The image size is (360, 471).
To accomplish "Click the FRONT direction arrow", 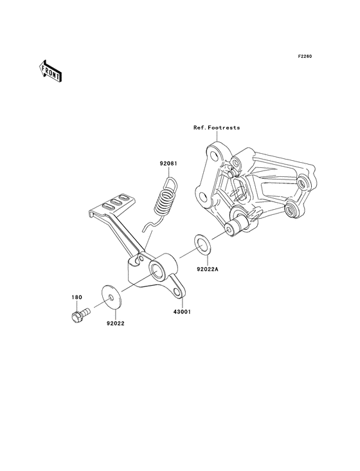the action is pyautogui.click(x=50, y=71).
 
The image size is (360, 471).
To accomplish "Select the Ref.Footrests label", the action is pyautogui.click(x=217, y=127).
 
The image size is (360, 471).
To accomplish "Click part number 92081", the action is pyautogui.click(x=168, y=163).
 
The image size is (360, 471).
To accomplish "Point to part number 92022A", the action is pyautogui.click(x=207, y=270).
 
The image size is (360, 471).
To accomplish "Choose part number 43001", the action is pyautogui.click(x=182, y=312).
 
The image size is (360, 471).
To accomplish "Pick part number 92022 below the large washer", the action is pyautogui.click(x=116, y=324).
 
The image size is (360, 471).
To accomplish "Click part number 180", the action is pyautogui.click(x=76, y=297).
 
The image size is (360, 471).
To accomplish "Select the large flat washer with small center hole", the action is pyautogui.click(x=111, y=298).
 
